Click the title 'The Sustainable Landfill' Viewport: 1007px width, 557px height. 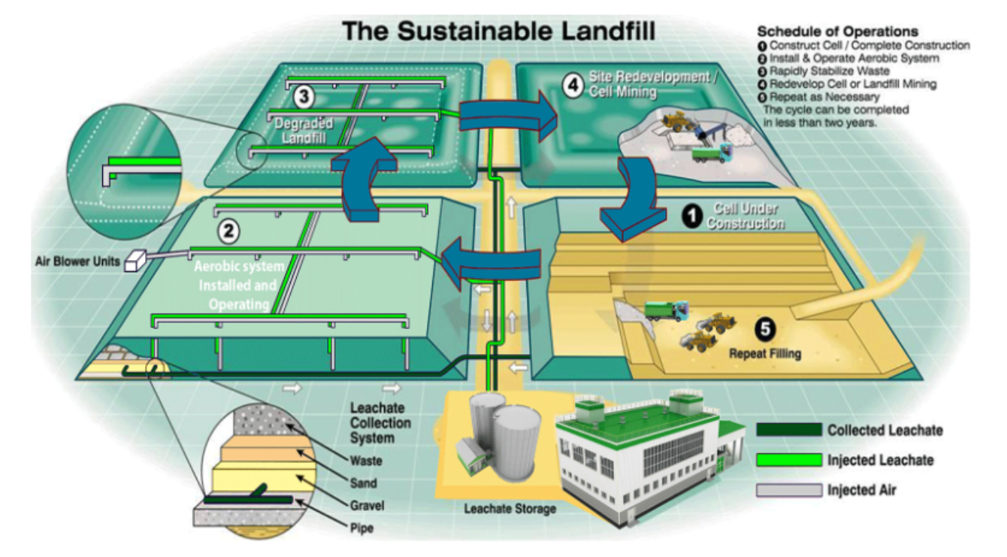[x=498, y=32]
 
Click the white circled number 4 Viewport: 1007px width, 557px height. [x=573, y=83]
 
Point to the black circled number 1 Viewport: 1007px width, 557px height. [x=690, y=216]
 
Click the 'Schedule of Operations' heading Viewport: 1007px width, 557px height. [x=837, y=32]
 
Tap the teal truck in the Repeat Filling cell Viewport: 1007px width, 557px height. [x=666, y=309]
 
